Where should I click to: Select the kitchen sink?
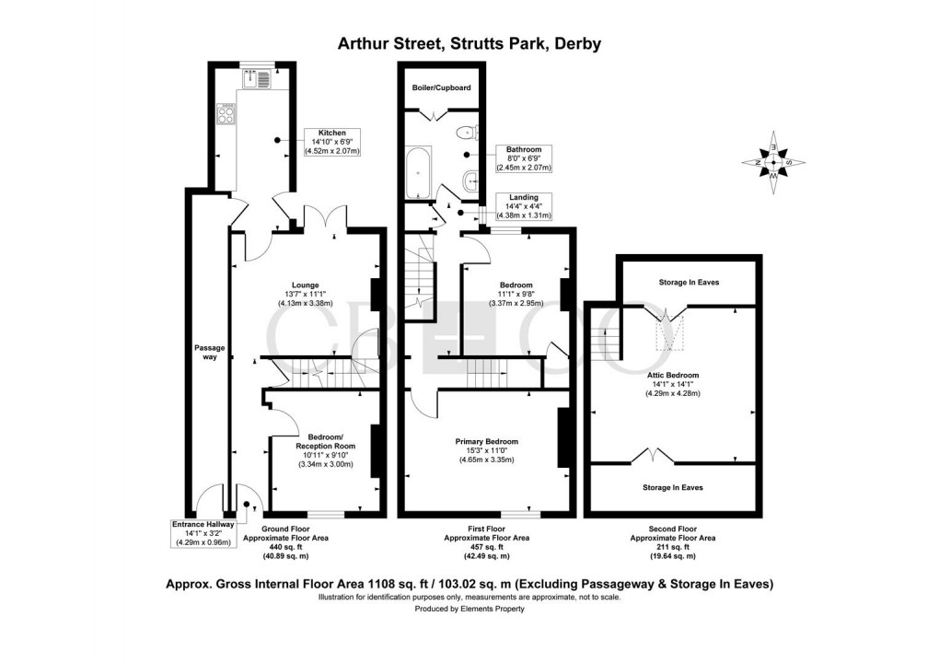[255, 80]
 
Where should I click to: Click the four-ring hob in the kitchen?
[226, 115]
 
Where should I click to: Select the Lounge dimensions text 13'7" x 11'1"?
[305, 294]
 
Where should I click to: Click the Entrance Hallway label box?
[203, 533]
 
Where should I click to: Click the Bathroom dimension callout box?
[523, 158]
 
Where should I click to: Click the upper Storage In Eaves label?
[688, 283]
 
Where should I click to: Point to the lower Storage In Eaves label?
[672, 487]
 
